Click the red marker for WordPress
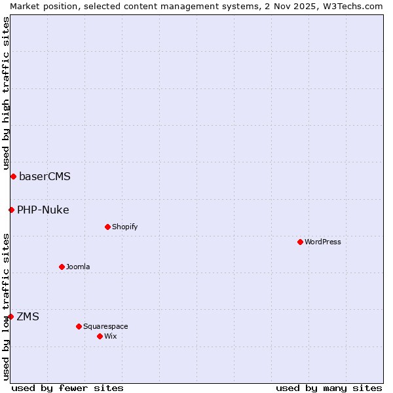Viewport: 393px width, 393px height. pos(300,242)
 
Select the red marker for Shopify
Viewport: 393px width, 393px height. pos(107,227)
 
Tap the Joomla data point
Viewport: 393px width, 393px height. pos(62,267)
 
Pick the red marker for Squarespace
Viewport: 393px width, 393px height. pos(79,326)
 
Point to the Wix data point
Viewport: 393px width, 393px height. pos(100,336)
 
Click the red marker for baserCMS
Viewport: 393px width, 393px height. pos(13,176)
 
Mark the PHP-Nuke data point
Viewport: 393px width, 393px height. pos(11,210)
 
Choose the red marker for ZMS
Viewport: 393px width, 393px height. pos(10,316)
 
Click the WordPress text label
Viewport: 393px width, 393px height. pos(323,242)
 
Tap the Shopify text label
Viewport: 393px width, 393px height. pos(124,227)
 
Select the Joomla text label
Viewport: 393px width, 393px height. pos(78,267)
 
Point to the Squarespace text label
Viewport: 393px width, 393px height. pos(105,326)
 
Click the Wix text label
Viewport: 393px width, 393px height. pos(110,336)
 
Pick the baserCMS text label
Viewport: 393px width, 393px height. pos(45,176)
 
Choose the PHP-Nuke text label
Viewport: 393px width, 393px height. pos(43,210)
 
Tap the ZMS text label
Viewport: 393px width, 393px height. pos(28,316)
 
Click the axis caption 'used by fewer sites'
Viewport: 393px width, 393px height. pos(67,388)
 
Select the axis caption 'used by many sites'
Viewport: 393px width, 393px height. pos(329,388)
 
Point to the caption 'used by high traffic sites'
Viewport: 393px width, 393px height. pos(6,88)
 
